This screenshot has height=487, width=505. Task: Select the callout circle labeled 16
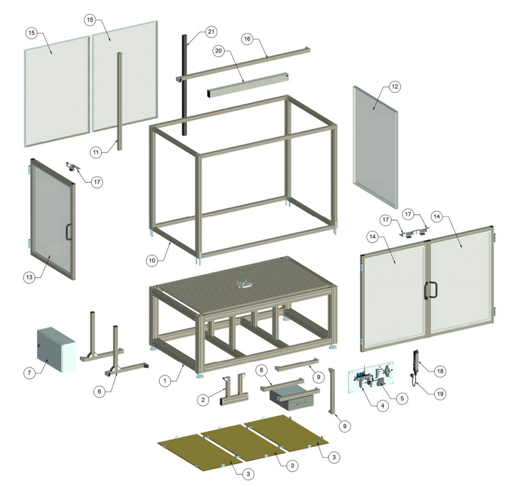[247, 39]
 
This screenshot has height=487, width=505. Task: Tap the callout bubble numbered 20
[219, 51]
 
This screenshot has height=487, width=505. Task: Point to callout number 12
[394, 87]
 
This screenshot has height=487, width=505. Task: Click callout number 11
[96, 152]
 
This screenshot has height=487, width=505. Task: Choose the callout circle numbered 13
[29, 277]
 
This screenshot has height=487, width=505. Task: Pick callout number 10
[152, 260]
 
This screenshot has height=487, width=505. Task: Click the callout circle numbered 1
[165, 381]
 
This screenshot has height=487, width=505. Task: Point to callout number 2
[203, 400]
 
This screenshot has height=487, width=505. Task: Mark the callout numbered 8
[261, 370]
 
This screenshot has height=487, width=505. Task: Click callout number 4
[382, 406]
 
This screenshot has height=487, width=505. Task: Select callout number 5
[402, 398]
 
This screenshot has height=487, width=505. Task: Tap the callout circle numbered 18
[440, 371]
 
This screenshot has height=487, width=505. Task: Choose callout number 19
[440, 394]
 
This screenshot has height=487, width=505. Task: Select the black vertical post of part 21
[185, 84]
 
